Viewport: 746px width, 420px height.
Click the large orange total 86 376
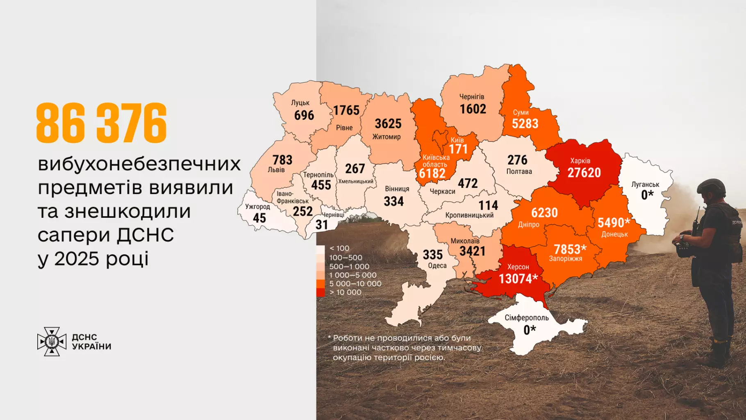pyautogui.click(x=102, y=123)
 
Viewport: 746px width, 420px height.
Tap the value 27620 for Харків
pyautogui.click(x=584, y=173)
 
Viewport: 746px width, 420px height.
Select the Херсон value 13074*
pyautogui.click(x=518, y=279)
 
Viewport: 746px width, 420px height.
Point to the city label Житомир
pyautogui.click(x=387, y=137)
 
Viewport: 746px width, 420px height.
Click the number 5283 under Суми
pyautogui.click(x=525, y=123)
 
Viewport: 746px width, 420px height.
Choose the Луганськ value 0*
pyautogui.click(x=647, y=195)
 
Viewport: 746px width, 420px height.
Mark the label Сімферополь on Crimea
pyautogui.click(x=526, y=318)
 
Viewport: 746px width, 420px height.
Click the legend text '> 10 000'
pyautogui.click(x=346, y=292)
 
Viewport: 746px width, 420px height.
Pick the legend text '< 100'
pyautogui.click(x=339, y=249)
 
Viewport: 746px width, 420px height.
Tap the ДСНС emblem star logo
pyautogui.click(x=52, y=341)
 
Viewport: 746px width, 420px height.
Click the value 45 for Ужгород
pyautogui.click(x=259, y=218)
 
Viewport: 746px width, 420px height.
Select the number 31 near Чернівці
pyautogui.click(x=322, y=225)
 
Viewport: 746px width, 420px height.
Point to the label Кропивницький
pyautogui.click(x=469, y=215)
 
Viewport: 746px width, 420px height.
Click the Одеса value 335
pyautogui.click(x=433, y=255)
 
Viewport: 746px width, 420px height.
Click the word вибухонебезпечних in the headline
pyautogui.click(x=139, y=164)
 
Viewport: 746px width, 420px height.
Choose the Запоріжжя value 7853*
pyautogui.click(x=570, y=249)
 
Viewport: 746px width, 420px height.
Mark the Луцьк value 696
pyautogui.click(x=304, y=115)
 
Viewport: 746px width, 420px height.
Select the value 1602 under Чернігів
pyautogui.click(x=473, y=109)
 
